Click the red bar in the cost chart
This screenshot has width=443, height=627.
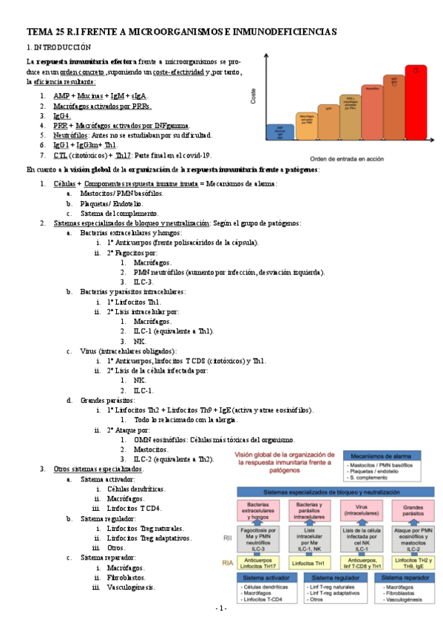tap(416, 104)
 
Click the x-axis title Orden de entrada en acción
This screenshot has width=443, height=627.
tap(348, 158)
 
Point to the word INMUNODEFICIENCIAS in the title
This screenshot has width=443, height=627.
tap(277, 32)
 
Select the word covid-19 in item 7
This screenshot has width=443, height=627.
tap(197, 155)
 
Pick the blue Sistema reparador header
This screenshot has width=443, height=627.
tap(399, 577)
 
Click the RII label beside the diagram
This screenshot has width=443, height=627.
tap(228, 539)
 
